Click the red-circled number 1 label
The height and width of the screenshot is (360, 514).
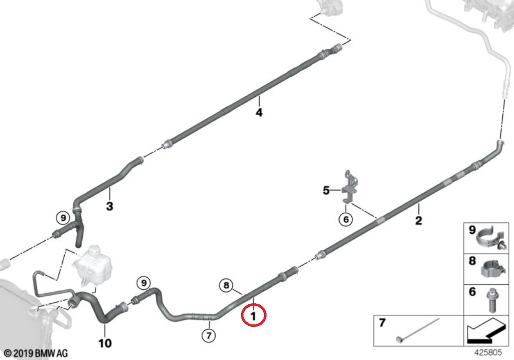click(x=254, y=316)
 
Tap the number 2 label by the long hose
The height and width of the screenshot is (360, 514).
click(x=418, y=221)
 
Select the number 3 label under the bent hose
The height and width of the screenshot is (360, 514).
click(x=110, y=206)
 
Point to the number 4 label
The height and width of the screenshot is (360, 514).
click(x=259, y=113)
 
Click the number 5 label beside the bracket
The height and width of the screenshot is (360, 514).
click(x=326, y=190)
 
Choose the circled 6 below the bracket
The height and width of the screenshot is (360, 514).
click(x=345, y=220)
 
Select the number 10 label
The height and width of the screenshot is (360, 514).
click(x=105, y=343)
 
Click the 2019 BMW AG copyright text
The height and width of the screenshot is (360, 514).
click(x=34, y=354)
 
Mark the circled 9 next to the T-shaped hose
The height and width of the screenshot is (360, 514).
click(x=63, y=218)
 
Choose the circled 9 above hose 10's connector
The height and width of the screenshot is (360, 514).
click(x=144, y=283)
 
